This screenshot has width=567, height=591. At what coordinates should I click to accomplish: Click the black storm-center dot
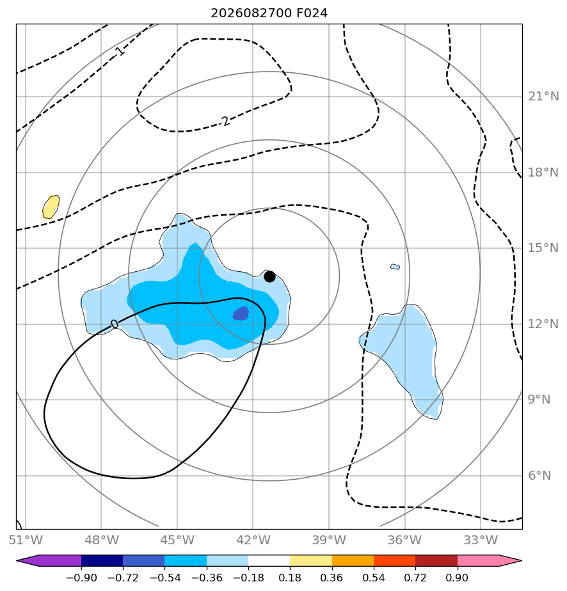click(269, 276)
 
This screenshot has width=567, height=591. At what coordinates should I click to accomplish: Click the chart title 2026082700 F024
click(269, 13)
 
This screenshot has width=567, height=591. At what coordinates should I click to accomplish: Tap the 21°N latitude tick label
click(543, 97)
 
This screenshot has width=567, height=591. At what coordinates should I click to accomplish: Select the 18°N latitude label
click(543, 172)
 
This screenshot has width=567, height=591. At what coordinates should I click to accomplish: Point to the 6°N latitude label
click(539, 475)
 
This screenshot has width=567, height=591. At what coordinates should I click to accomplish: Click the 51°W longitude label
click(26, 540)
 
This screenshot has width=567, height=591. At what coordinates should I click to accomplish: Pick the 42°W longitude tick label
click(253, 540)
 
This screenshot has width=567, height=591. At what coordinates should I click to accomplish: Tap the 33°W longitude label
click(481, 540)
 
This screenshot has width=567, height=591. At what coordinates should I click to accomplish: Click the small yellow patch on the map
click(51, 207)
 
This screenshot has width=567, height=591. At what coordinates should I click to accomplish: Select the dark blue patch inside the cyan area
click(241, 313)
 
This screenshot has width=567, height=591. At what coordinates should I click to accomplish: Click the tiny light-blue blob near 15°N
click(395, 267)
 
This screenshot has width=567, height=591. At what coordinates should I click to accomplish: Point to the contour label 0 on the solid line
click(115, 324)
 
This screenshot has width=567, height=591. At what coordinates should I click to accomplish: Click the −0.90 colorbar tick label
click(81, 578)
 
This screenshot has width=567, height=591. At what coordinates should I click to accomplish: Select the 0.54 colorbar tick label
click(374, 578)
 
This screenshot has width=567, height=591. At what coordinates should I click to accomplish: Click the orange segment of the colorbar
click(353, 560)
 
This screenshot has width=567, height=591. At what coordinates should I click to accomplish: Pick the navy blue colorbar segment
click(102, 560)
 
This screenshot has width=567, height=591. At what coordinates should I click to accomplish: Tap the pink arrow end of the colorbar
click(490, 560)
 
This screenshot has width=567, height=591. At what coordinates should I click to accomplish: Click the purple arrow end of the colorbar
click(49, 560)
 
